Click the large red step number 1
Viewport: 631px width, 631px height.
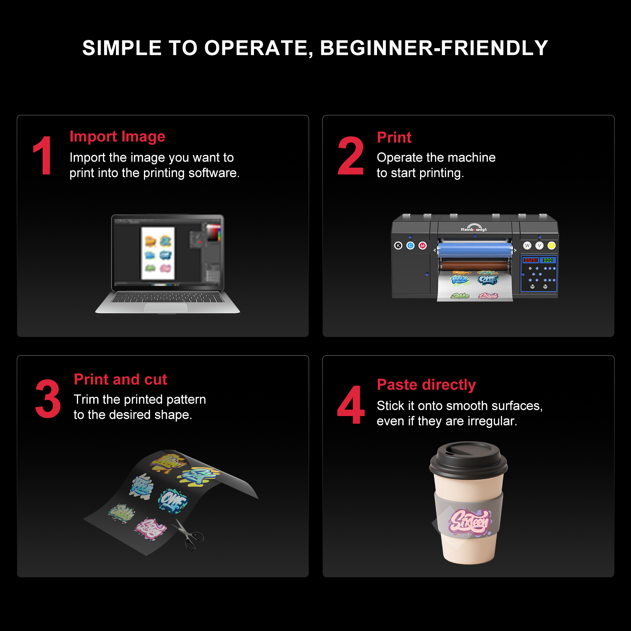coord(43,156)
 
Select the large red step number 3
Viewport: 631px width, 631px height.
coord(48,399)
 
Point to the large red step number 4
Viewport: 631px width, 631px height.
coord(351,405)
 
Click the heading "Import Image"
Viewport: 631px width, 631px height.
coord(117,136)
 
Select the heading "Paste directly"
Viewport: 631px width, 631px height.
coord(426,385)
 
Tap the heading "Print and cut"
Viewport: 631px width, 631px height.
coord(120,379)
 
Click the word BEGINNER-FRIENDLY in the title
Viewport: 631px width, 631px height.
coord(433,48)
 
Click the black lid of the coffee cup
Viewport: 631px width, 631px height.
coord(468,459)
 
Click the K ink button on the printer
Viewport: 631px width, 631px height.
coord(398,246)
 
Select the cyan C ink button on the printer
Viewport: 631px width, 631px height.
coord(411,246)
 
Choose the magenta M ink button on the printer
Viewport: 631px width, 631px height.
coord(423,246)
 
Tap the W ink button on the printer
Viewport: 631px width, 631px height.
coord(527,246)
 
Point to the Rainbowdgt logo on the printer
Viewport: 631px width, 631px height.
coord(474,228)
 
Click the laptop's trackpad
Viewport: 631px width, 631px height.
coord(166,308)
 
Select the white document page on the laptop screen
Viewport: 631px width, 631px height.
coord(158,253)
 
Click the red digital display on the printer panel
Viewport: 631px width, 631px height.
coord(530,260)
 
